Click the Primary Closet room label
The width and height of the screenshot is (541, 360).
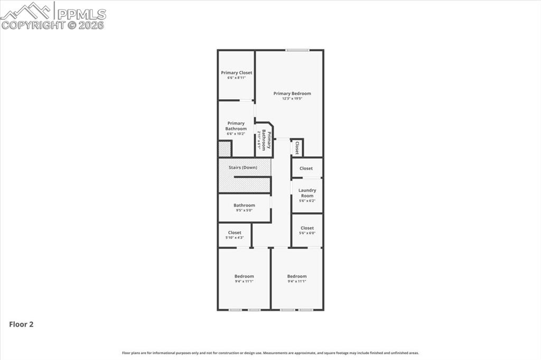(236, 73)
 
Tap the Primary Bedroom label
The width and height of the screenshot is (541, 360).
(292, 93)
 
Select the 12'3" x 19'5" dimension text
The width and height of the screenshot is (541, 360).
(292, 99)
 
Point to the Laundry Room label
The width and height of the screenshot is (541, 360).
(307, 193)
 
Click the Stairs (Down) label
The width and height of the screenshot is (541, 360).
(243, 167)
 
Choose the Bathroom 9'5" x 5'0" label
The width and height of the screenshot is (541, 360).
(244, 205)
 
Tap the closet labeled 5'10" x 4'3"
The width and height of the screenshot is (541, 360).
(235, 234)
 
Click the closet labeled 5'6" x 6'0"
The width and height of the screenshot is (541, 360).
(307, 230)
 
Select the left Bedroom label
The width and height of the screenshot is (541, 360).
(244, 276)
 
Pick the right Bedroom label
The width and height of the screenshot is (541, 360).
(297, 276)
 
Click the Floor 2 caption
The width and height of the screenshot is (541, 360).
(21, 325)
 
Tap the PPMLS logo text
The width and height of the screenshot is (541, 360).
(81, 14)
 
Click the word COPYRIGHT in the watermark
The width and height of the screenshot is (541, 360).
(33, 25)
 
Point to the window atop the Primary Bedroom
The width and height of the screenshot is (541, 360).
(297, 50)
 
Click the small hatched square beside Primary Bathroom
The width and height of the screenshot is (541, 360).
(225, 149)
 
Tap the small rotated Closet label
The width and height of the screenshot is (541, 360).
(297, 148)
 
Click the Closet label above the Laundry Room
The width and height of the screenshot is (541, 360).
(306, 168)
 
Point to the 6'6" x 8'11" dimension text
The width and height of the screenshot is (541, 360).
(236, 78)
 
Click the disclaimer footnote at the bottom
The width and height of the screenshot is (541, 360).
(270, 353)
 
